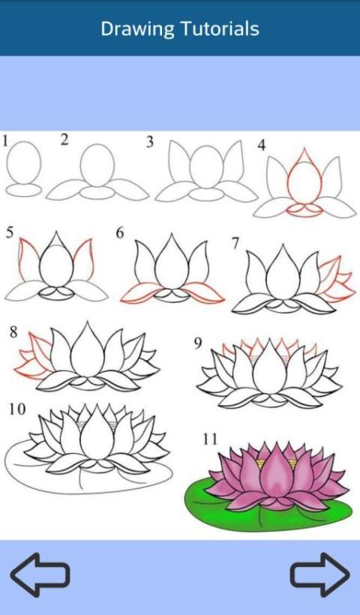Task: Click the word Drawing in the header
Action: click(137, 29)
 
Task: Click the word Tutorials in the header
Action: click(220, 28)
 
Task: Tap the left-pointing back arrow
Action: click(40, 574)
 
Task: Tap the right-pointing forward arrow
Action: click(320, 574)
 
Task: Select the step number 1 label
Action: click(5, 141)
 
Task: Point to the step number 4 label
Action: click(262, 145)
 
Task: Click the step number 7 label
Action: click(235, 244)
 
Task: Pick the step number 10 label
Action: click(18, 409)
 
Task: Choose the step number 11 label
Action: click(210, 439)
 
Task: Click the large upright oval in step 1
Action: click(24, 163)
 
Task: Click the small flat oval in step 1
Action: click(24, 190)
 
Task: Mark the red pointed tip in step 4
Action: click(304, 149)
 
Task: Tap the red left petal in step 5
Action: click(28, 259)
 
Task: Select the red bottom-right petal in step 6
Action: click(202, 292)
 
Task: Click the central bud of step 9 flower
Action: click(270, 369)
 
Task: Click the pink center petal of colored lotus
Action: click(277, 472)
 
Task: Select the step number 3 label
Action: click(150, 142)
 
